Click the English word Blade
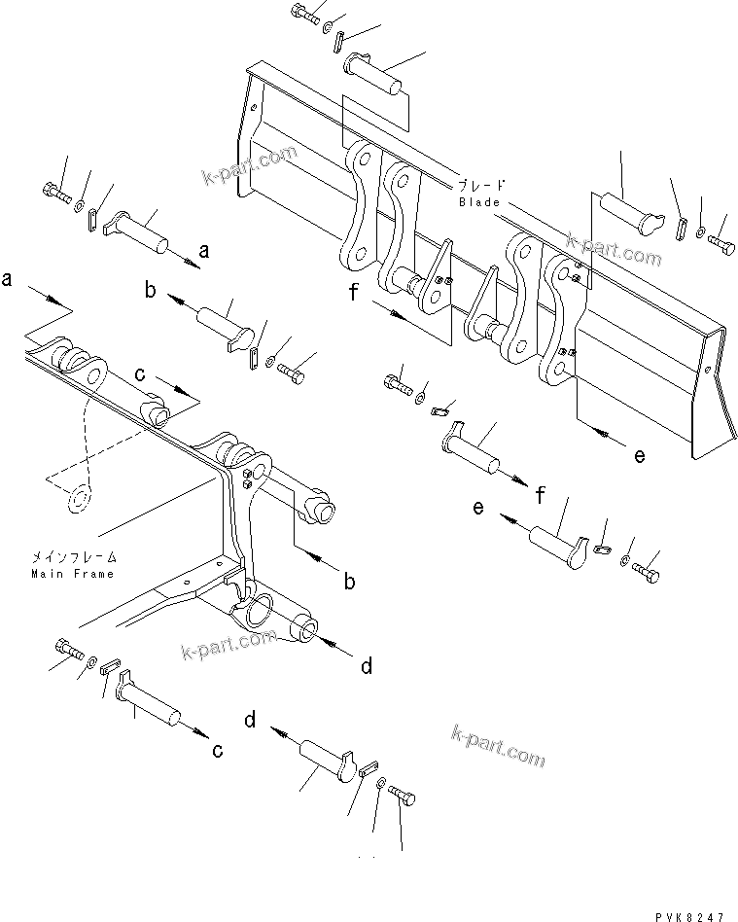click(480, 202)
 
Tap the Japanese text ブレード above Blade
click(482, 185)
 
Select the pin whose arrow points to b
click(225, 322)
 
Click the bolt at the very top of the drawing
click(302, 14)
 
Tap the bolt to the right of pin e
click(647, 574)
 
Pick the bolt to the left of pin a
click(56, 192)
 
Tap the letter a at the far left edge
click(8, 280)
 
